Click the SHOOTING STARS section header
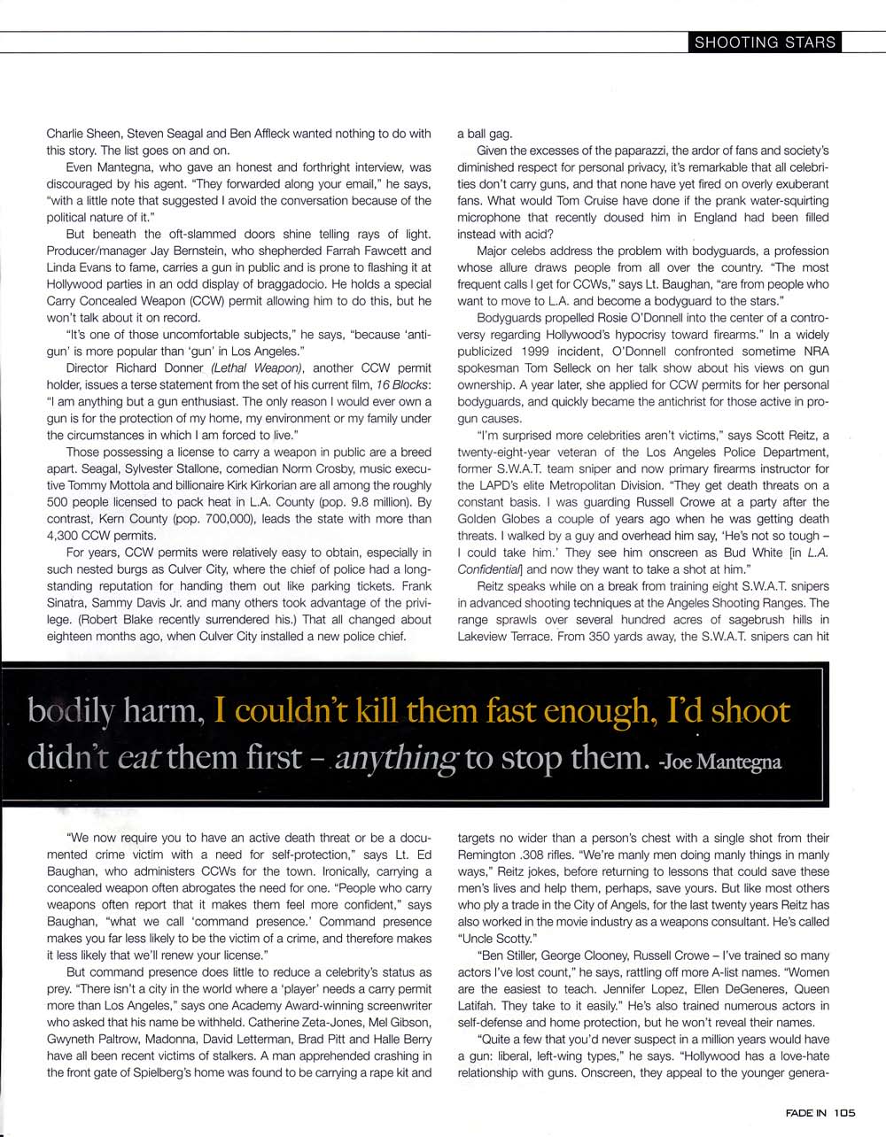coord(765,42)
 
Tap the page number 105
coord(844,1114)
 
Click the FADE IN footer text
coord(806,1114)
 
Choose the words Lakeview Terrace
coord(502,636)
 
